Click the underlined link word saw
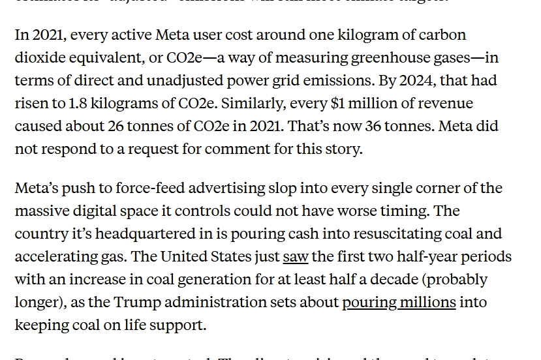pos(296,256)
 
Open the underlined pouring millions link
pos(399,302)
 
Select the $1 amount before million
pos(339,103)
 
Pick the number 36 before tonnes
pos(373,126)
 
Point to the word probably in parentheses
pos(457,279)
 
